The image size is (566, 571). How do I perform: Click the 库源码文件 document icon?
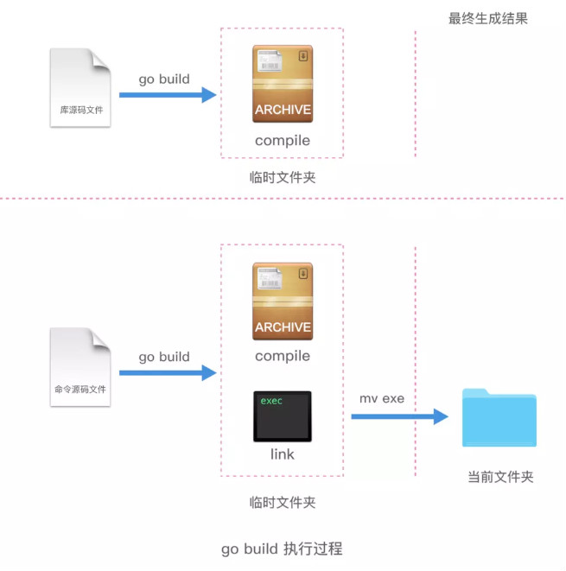point(81,87)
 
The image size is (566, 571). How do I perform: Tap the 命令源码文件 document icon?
point(81,366)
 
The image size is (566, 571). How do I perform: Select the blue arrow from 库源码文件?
point(167,94)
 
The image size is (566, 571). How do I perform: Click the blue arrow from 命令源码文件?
point(167,372)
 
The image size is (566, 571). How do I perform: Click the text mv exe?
point(382,398)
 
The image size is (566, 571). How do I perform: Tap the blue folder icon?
point(499,417)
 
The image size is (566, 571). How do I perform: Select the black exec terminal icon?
point(282,416)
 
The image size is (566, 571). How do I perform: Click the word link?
point(282,454)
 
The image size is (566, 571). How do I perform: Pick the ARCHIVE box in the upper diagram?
point(283,84)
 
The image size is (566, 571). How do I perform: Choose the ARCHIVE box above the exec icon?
point(283,301)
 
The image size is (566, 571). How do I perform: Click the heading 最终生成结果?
point(487,17)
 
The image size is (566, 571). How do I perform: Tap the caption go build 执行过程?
point(282,549)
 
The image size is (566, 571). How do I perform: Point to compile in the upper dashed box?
point(282,140)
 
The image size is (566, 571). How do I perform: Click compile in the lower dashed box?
point(282,356)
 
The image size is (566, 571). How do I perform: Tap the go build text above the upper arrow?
point(164,79)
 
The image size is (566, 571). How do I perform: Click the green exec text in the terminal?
point(271,401)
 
